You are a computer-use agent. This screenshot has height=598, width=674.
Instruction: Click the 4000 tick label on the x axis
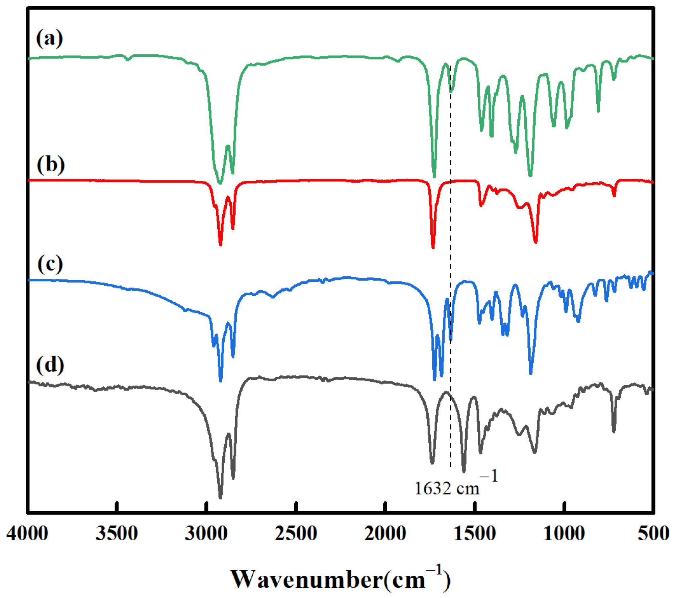27,533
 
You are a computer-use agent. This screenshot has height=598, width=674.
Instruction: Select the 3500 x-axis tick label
117,533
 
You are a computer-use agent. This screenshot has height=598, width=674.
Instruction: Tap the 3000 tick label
206,533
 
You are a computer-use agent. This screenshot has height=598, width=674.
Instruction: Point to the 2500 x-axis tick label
296,533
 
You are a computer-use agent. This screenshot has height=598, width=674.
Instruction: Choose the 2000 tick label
385,533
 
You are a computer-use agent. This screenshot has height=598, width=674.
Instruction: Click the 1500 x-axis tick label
475,533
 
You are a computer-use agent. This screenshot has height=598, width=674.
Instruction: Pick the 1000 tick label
564,533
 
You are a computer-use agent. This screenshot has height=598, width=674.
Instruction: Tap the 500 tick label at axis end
653,533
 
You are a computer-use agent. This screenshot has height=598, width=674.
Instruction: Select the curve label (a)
49,38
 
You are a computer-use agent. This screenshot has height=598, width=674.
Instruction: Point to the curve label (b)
51,165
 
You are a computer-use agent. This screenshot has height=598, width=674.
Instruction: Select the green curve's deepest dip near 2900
220,183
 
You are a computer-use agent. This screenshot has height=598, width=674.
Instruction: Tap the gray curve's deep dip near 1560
464,471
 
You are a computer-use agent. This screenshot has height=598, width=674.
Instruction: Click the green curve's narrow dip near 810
598,111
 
